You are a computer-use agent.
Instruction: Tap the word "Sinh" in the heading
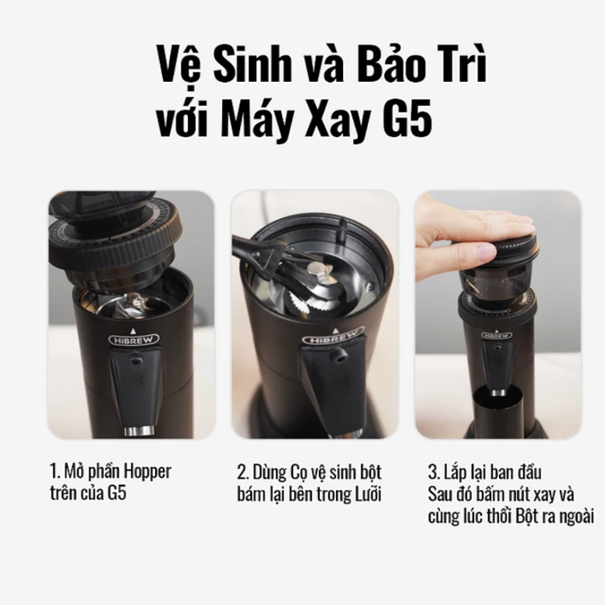click(246, 67)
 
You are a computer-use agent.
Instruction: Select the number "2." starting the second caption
click(243, 471)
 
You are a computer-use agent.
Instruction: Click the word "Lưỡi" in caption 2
click(368, 495)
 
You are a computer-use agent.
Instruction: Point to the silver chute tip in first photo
click(138, 431)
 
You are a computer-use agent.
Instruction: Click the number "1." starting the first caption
click(54, 471)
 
